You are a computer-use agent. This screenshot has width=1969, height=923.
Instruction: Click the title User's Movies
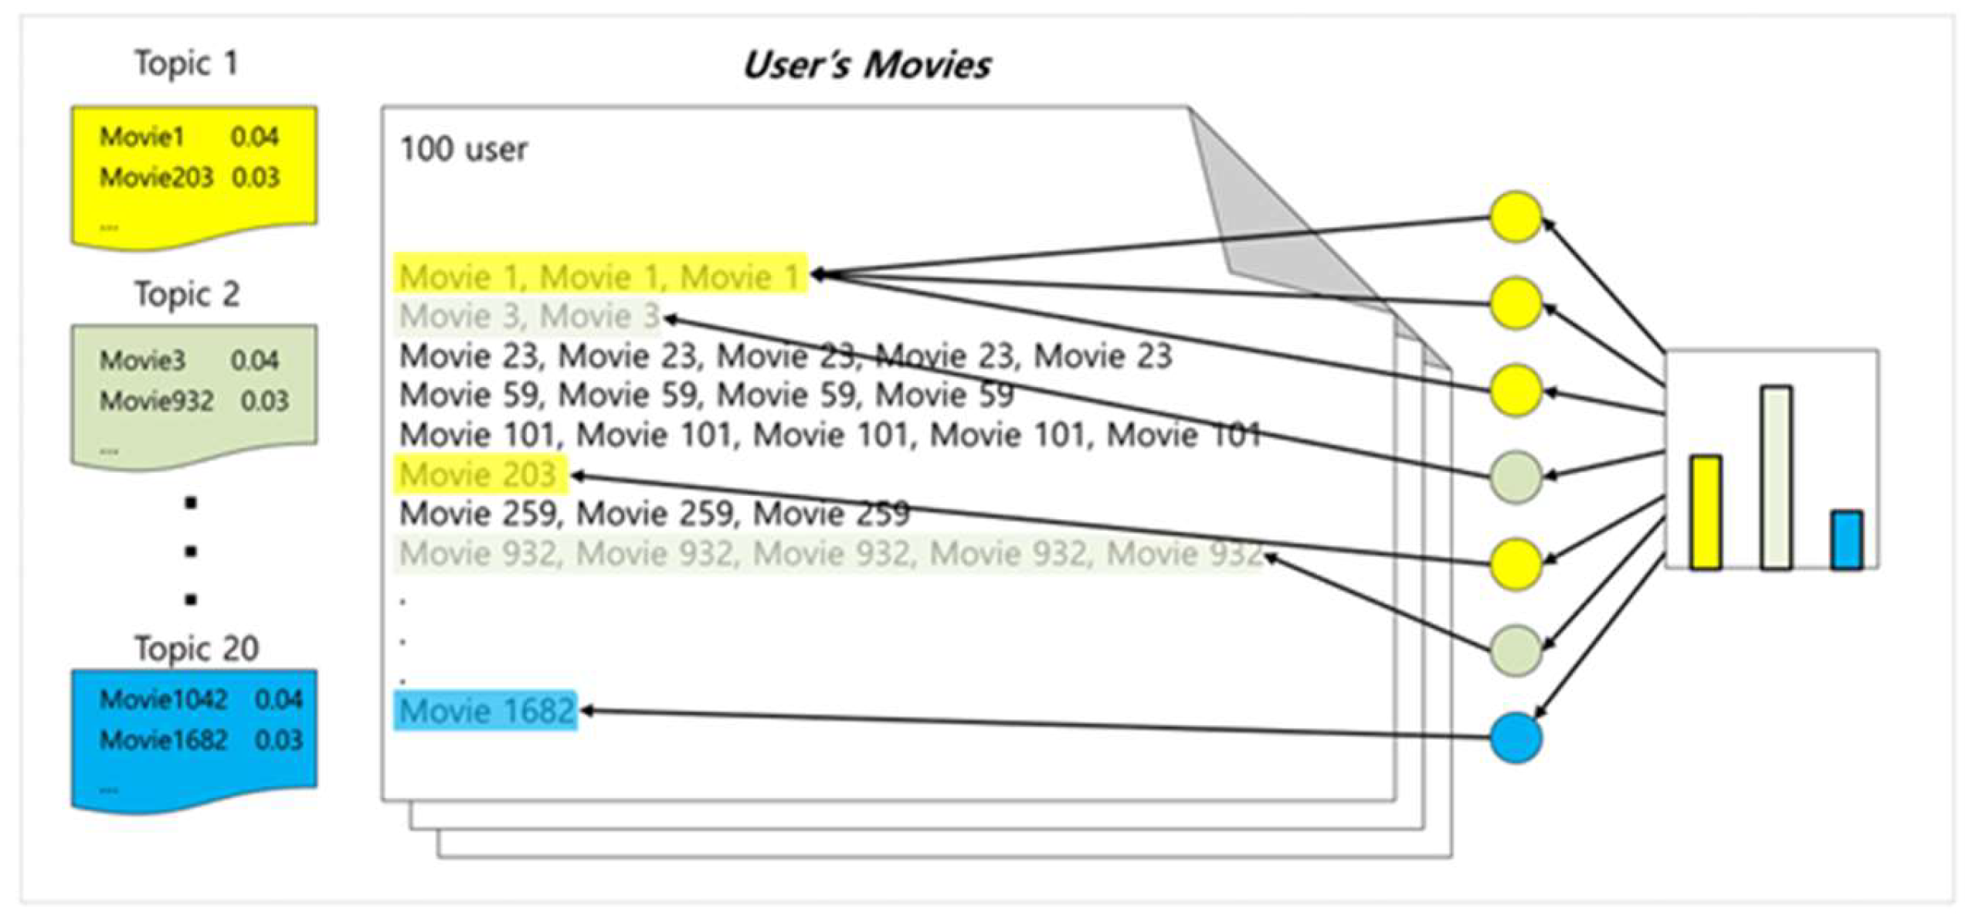[866, 65]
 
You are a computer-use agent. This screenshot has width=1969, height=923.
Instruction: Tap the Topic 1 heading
[186, 63]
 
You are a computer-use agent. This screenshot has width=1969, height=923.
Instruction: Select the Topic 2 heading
[187, 294]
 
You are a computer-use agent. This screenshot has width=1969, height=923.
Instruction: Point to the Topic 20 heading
[196, 649]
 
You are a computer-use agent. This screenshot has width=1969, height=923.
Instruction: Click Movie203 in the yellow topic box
[156, 178]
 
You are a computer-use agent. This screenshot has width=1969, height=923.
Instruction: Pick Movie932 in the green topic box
[156, 401]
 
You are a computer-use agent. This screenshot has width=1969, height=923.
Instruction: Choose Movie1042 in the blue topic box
[163, 700]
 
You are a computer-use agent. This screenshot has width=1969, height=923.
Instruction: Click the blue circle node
[1516, 738]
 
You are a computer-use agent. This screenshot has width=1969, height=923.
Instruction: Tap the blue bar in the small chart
[1845, 539]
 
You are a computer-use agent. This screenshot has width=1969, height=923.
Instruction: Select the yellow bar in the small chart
[1705, 512]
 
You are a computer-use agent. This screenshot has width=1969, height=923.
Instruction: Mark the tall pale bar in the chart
[1776, 477]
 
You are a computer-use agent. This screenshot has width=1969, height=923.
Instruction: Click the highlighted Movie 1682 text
[487, 711]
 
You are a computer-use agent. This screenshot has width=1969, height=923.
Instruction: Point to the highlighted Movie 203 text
[479, 474]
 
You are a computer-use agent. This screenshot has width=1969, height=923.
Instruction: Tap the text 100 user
[463, 149]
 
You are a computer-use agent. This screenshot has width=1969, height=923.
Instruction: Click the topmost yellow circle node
[1516, 217]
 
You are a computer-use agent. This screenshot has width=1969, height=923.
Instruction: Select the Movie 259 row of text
[654, 514]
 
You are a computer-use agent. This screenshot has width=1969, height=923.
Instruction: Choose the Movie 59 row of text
[706, 395]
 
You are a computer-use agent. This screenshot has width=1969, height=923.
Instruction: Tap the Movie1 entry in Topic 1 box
[142, 137]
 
